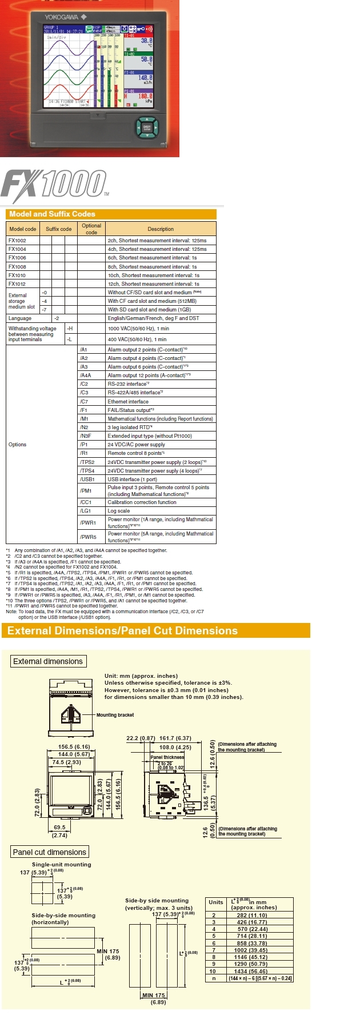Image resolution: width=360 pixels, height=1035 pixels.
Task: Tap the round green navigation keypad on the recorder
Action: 146,127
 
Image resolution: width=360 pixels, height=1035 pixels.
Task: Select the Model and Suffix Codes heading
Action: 52,214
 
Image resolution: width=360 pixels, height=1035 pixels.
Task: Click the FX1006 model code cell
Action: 17,258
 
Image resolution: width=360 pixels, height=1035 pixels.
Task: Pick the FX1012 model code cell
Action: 17,284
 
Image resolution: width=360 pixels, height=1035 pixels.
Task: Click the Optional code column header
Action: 91,229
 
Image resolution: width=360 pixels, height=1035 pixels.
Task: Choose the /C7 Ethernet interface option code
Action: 84,402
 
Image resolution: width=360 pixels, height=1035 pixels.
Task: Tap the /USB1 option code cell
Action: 87,479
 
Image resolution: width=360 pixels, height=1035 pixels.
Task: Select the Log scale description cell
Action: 119,511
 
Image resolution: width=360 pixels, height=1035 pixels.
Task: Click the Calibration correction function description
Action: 142,502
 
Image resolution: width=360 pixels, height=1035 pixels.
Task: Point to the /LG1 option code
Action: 86,511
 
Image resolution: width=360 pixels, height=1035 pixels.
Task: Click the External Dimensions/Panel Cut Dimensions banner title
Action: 122,631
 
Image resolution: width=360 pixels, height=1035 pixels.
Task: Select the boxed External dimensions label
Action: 48,661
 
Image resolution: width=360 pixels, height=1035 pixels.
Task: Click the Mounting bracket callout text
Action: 115,715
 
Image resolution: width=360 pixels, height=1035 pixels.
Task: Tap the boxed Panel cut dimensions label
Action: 50,852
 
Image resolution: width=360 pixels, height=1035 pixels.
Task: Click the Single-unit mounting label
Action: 61,865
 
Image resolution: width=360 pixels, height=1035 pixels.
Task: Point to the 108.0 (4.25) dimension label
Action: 175,747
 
